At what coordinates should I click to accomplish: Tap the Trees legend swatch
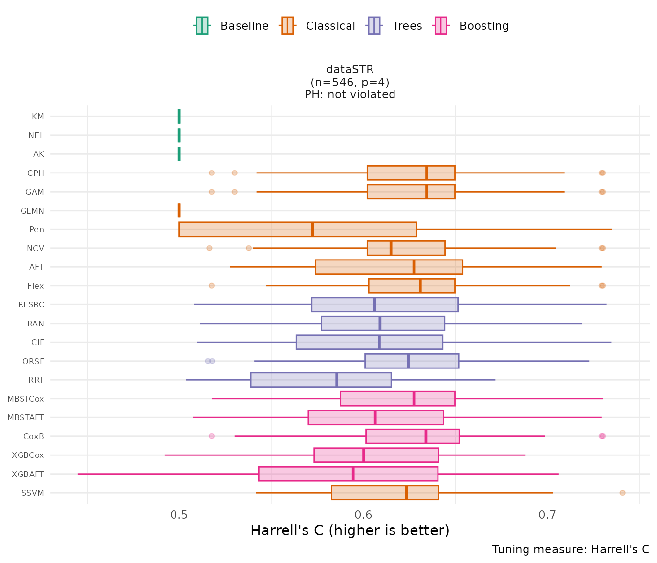pos(374,26)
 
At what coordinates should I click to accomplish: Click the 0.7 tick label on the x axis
pos(547,515)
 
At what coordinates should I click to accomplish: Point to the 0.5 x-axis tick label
pos(179,515)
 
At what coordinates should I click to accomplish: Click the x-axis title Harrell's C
pos(350,531)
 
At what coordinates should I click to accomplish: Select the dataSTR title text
pos(350,70)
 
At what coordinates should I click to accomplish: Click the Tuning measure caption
pos(570,549)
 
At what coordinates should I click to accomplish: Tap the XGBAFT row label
pos(28,474)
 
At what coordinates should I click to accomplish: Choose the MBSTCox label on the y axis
pos(25,399)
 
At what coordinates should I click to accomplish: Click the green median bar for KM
pos(179,116)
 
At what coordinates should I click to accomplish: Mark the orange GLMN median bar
pos(179,211)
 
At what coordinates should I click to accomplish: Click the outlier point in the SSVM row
pos(622,493)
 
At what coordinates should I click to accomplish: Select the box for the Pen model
pos(244,229)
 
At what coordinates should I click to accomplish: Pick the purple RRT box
pos(293,380)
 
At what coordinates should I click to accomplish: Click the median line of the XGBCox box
pos(364,455)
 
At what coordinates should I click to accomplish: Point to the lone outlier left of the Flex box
pos(212,286)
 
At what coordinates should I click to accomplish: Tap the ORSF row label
pos(33,362)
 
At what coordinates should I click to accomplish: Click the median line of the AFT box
pos(414,267)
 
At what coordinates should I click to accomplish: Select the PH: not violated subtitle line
pos(350,95)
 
